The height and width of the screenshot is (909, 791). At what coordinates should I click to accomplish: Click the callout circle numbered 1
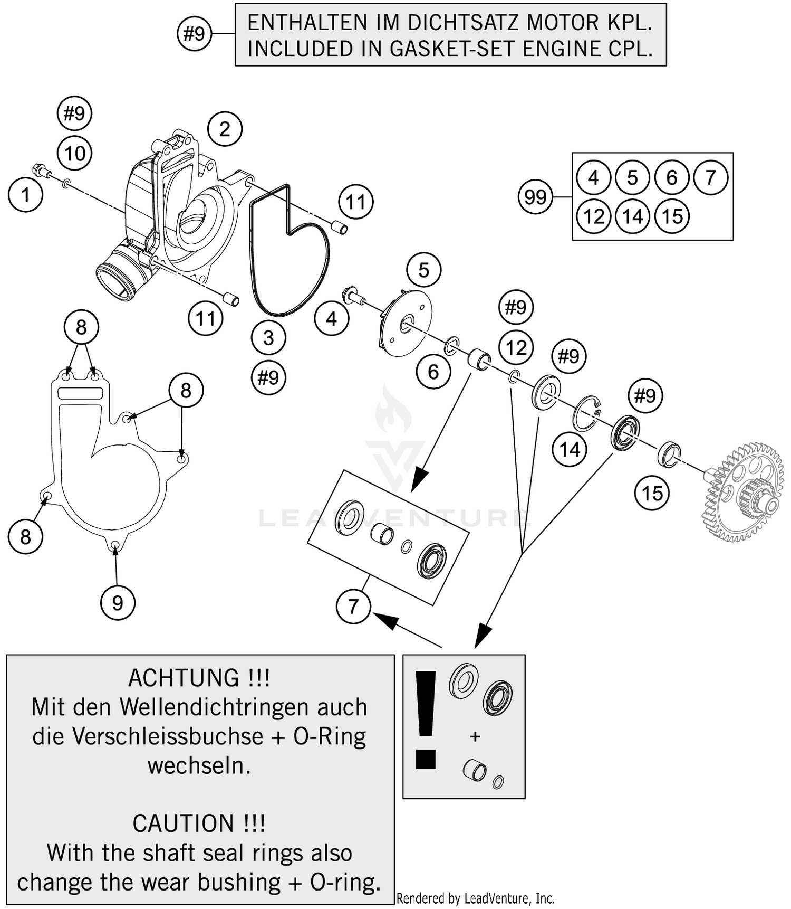click(25, 195)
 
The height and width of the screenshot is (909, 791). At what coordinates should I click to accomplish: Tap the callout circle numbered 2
click(225, 129)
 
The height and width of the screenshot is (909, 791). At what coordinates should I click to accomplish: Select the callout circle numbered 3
click(268, 337)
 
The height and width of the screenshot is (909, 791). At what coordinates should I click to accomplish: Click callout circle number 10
click(74, 154)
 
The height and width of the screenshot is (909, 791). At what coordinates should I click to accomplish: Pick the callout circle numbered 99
click(535, 197)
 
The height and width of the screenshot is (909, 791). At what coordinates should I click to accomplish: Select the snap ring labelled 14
click(585, 413)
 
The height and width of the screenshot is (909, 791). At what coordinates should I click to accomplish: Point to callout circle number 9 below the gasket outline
click(118, 603)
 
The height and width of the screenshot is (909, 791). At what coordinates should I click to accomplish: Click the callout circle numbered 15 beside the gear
click(652, 493)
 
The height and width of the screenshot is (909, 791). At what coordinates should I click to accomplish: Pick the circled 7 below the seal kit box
click(353, 606)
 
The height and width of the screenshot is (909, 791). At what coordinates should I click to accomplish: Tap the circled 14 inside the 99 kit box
click(633, 216)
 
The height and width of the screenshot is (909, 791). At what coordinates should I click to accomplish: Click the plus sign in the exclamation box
click(475, 736)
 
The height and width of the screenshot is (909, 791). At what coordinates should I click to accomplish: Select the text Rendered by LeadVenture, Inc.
click(475, 898)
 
